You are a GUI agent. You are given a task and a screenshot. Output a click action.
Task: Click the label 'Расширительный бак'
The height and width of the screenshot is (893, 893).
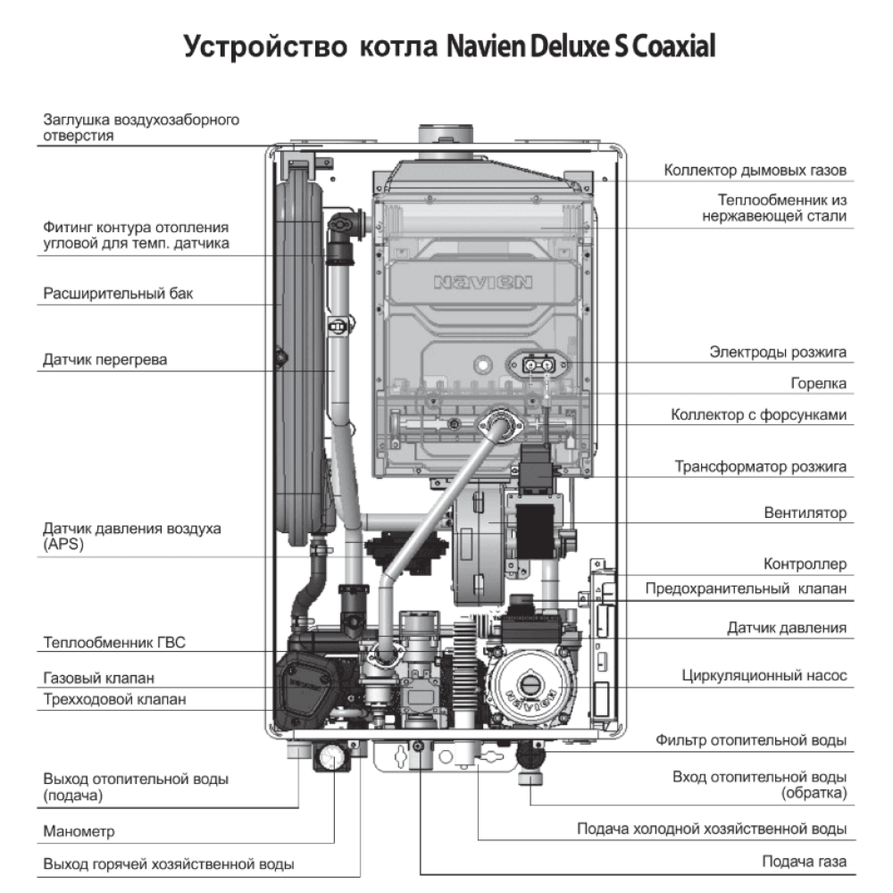pos(118,293)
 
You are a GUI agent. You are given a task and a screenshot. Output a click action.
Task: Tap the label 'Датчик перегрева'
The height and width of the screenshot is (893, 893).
pos(105,360)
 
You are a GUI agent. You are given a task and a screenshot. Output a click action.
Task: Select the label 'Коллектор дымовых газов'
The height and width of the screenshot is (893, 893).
pos(755,170)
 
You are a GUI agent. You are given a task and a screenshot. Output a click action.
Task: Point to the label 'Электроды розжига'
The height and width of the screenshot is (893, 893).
pos(778,352)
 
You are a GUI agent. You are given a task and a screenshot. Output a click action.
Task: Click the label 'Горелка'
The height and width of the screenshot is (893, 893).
pos(818,383)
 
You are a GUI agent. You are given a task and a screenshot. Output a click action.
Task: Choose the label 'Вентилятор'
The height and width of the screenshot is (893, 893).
pos(805,513)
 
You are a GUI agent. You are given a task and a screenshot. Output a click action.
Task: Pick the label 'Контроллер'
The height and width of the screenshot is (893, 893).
pos(805,564)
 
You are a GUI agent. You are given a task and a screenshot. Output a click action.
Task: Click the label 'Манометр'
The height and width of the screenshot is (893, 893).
pos(79,831)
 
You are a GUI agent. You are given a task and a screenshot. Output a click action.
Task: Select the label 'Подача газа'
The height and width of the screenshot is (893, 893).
pos(804,862)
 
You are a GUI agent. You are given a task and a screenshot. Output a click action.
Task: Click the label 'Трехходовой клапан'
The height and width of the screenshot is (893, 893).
pos(114,699)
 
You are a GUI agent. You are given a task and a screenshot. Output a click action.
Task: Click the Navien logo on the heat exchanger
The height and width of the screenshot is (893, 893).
pos(483,283)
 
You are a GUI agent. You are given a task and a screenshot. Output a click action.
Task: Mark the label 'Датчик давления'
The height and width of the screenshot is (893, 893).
pos(786,628)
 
